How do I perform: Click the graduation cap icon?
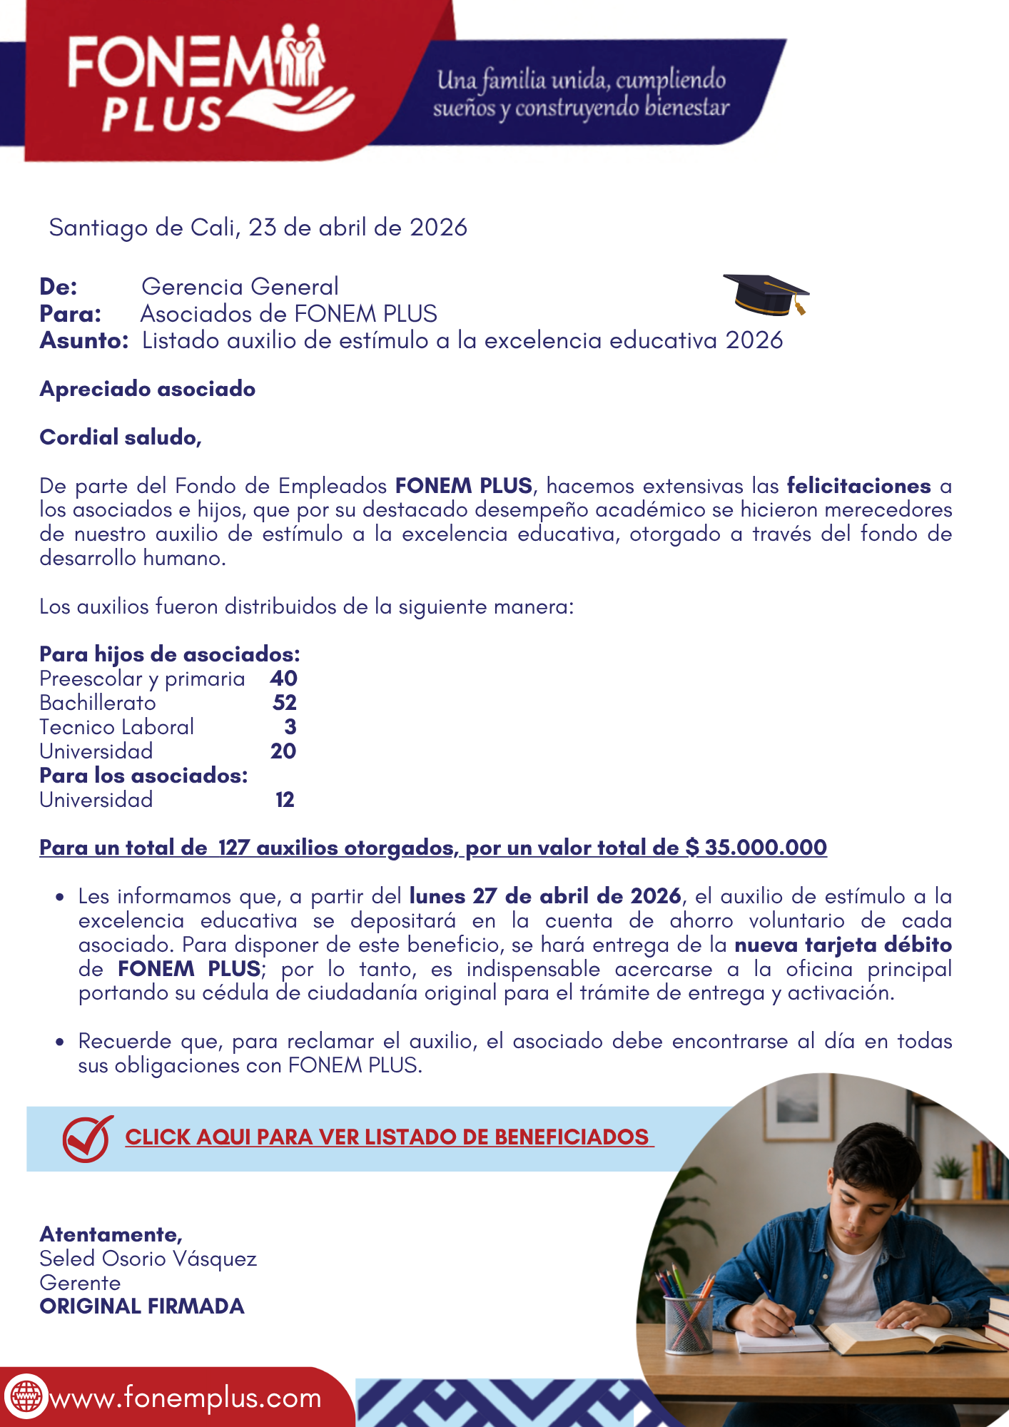pos(766,295)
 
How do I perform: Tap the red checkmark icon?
pos(87,1138)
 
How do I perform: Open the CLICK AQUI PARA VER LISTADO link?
pos(389,1137)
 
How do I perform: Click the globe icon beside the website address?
pos(26,1396)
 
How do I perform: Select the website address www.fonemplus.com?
pos(186,1398)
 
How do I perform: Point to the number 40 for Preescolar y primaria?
pos(283,679)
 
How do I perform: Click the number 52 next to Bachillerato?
pos(284,703)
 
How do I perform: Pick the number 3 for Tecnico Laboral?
pos(290,727)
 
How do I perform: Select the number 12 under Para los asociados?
pos(285,800)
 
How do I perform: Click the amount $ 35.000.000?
pos(756,848)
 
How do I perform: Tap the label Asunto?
pos(83,341)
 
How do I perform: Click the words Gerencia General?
pos(240,287)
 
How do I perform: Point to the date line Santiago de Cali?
pos(258,228)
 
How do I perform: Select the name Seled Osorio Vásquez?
pos(148,1259)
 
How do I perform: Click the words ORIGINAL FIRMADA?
pos(142,1306)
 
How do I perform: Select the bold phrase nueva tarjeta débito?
pos(843,945)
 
